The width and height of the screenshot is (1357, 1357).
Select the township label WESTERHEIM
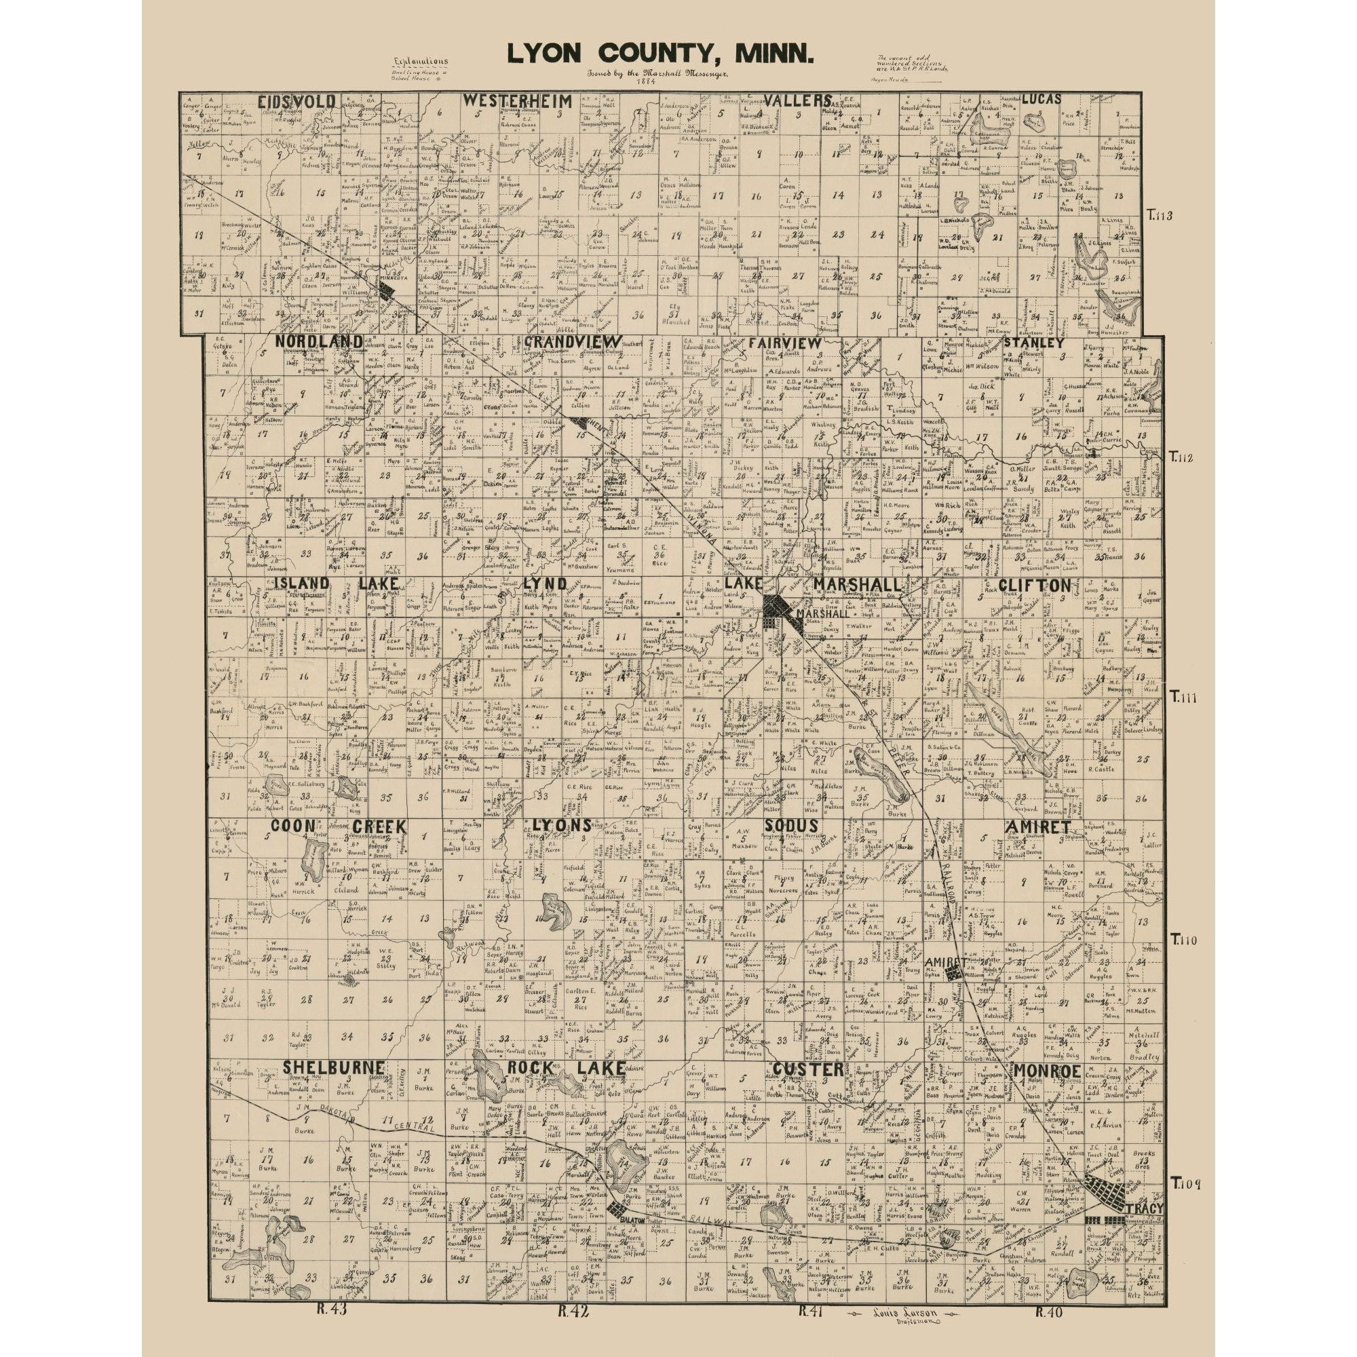click(x=517, y=101)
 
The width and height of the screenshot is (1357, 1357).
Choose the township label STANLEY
click(x=1033, y=343)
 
